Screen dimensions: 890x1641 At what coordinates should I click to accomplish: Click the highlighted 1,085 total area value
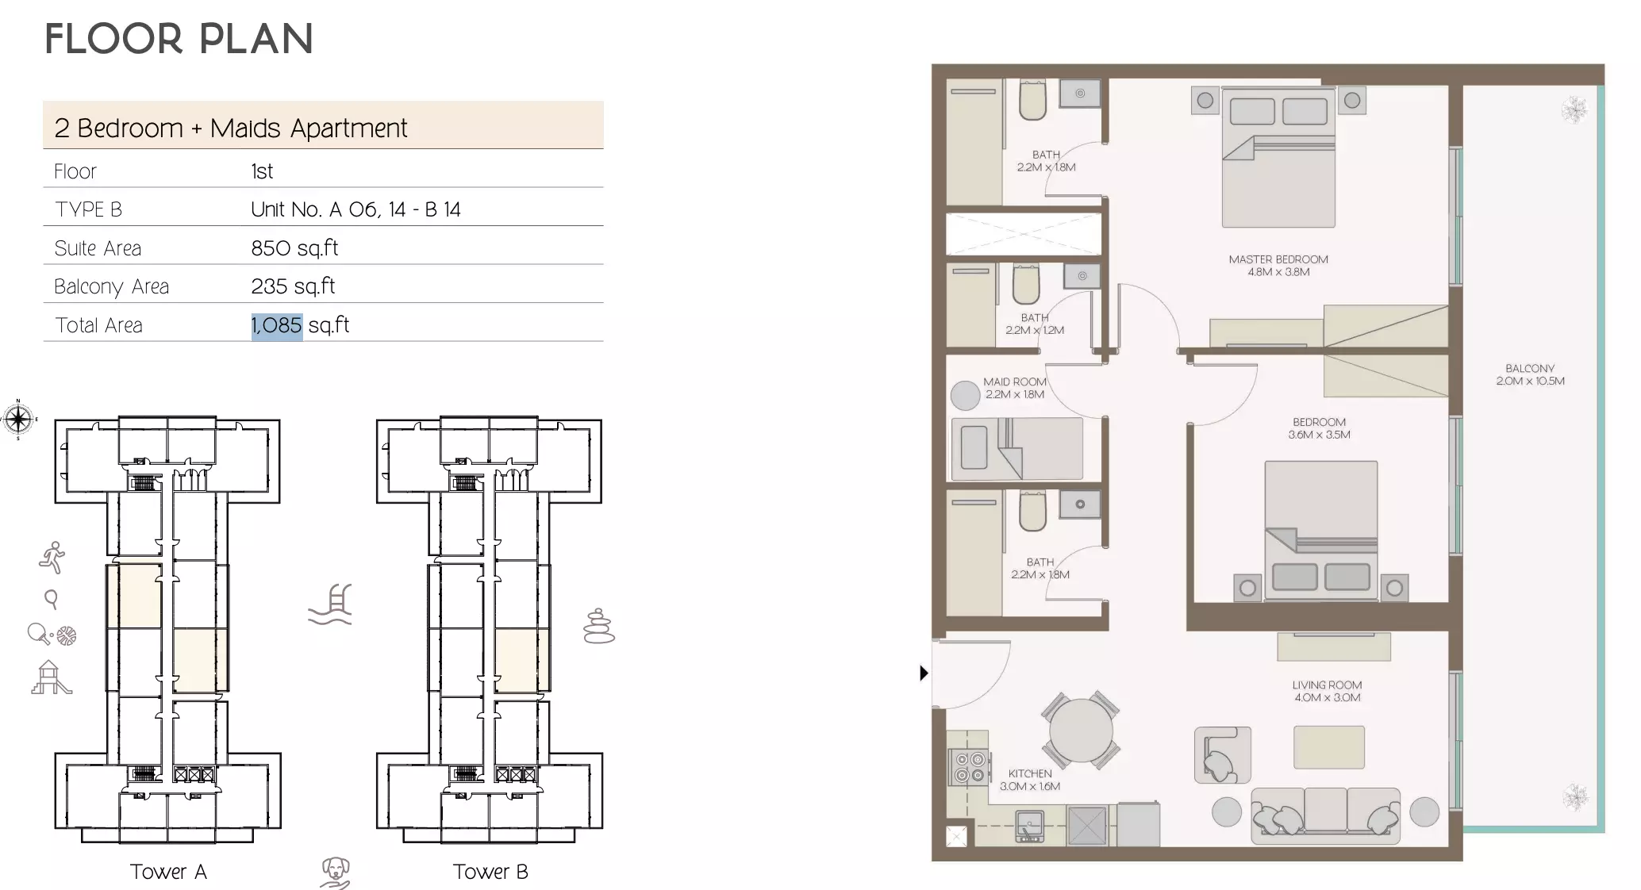[277, 325]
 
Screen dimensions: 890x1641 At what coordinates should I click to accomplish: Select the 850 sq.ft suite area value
[294, 248]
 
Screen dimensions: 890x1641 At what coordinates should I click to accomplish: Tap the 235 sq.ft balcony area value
[293, 286]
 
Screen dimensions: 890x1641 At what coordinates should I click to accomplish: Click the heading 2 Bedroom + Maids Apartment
[230, 129]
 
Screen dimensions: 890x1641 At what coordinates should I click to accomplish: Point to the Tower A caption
[168, 872]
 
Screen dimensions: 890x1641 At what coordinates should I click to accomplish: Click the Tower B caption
[490, 872]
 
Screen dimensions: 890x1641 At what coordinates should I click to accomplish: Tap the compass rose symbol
[18, 419]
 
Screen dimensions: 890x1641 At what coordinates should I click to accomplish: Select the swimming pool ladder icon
[331, 604]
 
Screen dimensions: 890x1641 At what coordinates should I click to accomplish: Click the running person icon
[52, 558]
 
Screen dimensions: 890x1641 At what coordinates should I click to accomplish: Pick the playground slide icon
[51, 678]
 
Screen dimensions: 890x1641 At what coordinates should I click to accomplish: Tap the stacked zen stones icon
[599, 627]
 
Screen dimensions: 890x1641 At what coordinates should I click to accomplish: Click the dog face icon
[336, 871]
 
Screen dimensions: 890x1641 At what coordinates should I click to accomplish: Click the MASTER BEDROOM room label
[1278, 265]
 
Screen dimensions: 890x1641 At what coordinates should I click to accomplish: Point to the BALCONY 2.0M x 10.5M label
[1530, 374]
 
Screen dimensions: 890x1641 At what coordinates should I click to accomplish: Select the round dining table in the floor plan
[1081, 730]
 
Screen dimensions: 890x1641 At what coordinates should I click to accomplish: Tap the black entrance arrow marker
[924, 673]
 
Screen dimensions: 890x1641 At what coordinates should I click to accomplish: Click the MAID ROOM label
[1014, 388]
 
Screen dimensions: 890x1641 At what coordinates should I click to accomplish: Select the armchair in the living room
[1222, 755]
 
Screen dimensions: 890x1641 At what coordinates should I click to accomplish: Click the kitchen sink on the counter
[1029, 826]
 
